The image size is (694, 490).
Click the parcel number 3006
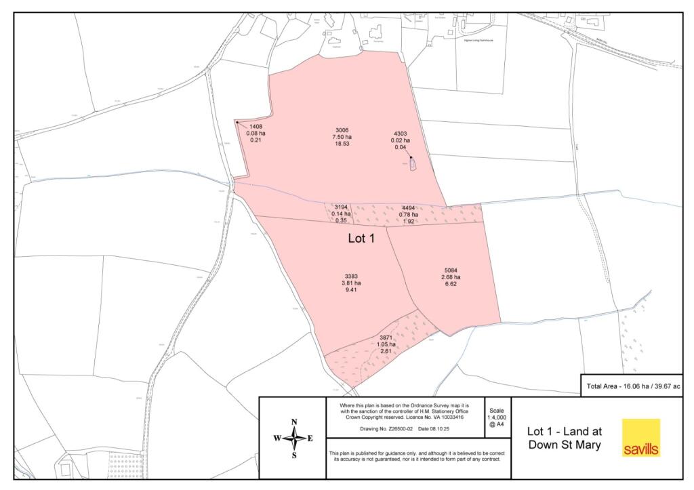click(x=342, y=129)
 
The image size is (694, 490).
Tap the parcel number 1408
click(x=256, y=126)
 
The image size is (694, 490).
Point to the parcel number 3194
click(x=340, y=207)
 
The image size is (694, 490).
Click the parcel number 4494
click(x=408, y=207)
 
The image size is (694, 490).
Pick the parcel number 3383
click(x=351, y=276)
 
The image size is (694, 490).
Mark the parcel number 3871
click(x=386, y=338)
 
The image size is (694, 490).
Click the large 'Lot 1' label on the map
click(x=361, y=239)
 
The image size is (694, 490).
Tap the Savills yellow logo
click(x=640, y=437)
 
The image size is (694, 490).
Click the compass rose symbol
click(x=294, y=438)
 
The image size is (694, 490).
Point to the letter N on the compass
click(x=294, y=422)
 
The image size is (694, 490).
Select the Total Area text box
click(x=633, y=386)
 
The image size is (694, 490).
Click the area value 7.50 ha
click(x=342, y=137)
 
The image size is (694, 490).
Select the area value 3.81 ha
click(x=351, y=283)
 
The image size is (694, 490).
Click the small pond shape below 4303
click(x=412, y=165)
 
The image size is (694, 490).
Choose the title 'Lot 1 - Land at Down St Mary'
click(x=565, y=437)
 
